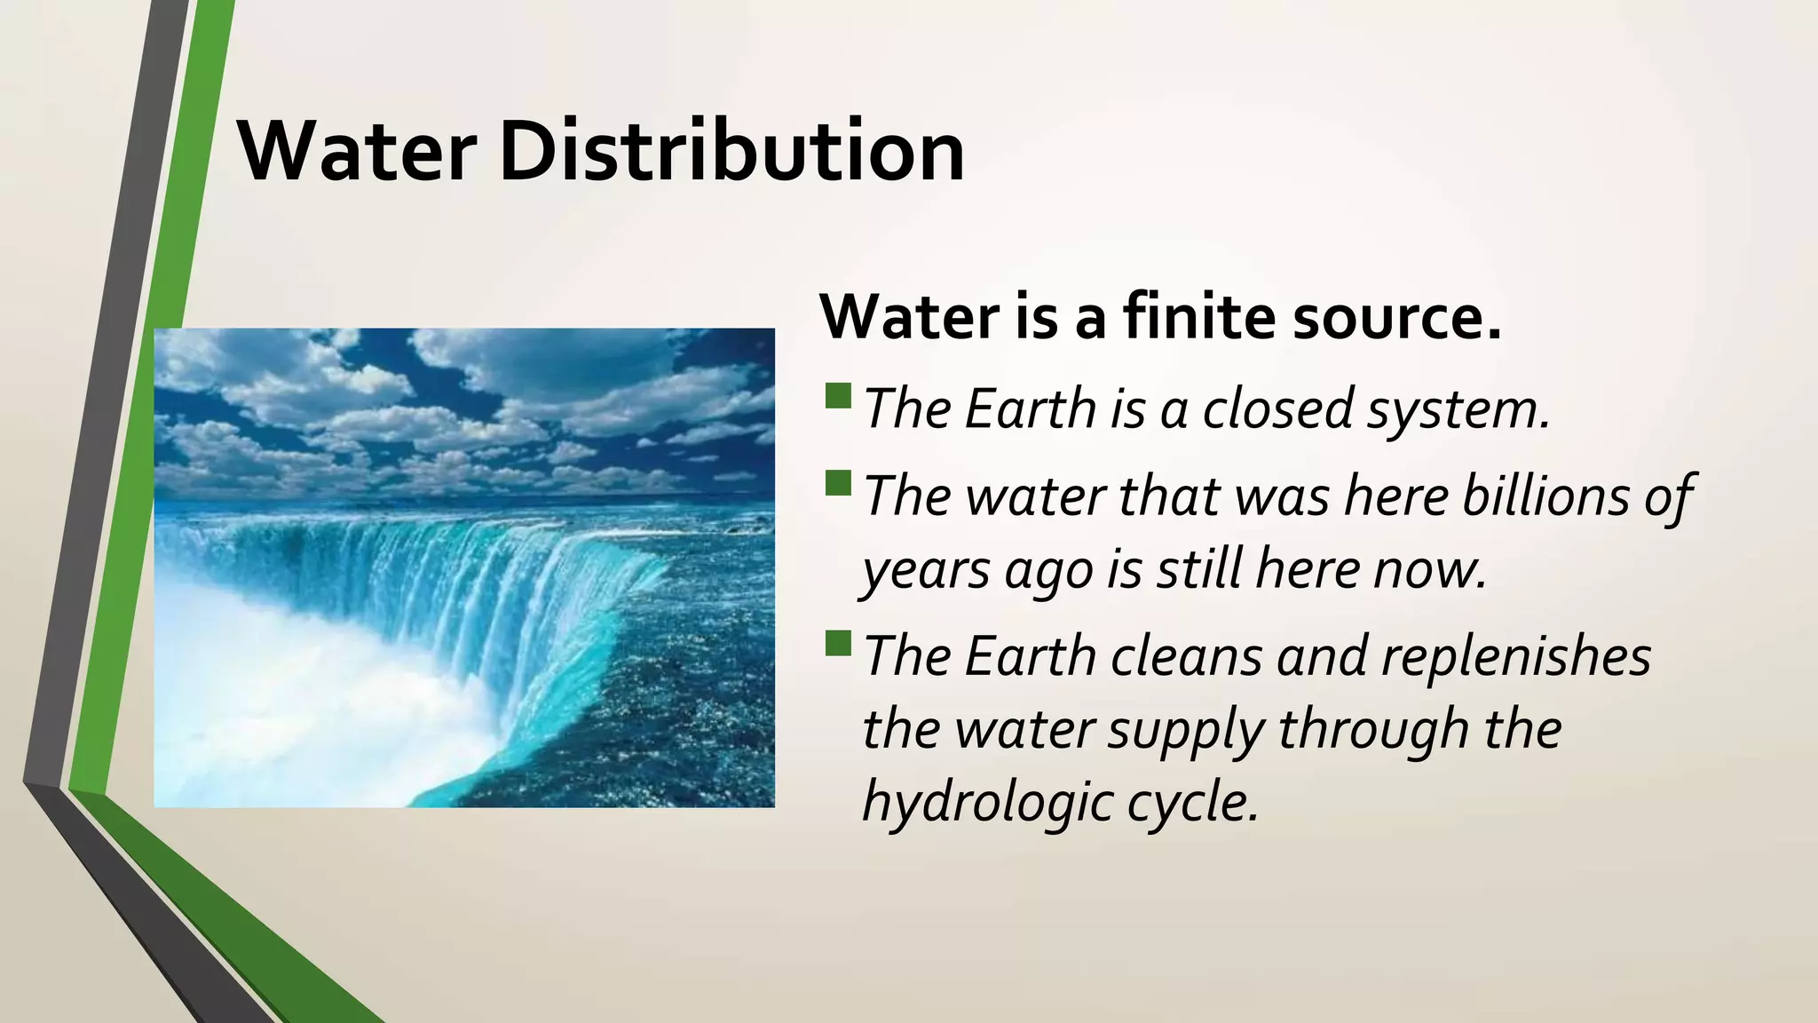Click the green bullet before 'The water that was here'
838,483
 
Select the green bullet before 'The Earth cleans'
838,643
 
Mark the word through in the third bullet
1371,730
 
